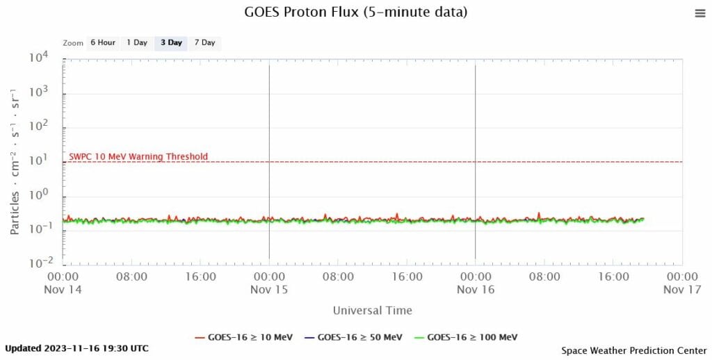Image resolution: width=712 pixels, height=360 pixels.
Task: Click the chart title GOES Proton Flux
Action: [x=356, y=13]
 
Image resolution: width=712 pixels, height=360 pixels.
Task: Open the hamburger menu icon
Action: [x=699, y=13]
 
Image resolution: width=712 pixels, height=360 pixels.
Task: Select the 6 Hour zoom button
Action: [x=102, y=42]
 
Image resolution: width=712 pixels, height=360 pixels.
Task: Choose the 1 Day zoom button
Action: [x=136, y=42]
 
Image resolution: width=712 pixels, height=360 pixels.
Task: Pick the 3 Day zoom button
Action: [x=171, y=42]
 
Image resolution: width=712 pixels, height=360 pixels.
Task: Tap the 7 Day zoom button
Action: [x=204, y=42]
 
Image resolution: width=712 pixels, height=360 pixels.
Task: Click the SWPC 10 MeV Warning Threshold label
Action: [x=138, y=156]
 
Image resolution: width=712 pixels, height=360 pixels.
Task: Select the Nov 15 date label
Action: [x=269, y=289]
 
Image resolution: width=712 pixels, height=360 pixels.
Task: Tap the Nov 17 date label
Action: [x=682, y=289]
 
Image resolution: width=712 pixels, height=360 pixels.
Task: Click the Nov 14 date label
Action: [x=63, y=289]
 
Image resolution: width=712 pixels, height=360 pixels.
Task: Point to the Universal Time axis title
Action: [x=372, y=311]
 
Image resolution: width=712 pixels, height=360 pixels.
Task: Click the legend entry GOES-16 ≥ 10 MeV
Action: [x=244, y=337]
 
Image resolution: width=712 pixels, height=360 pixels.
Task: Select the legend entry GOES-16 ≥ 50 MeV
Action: [x=353, y=337]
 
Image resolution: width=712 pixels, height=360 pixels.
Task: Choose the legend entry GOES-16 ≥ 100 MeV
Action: [x=464, y=337]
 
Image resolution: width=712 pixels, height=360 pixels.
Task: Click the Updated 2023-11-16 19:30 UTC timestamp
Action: [x=76, y=348]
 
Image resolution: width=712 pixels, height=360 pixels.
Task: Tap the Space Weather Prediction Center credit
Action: [x=634, y=351]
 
